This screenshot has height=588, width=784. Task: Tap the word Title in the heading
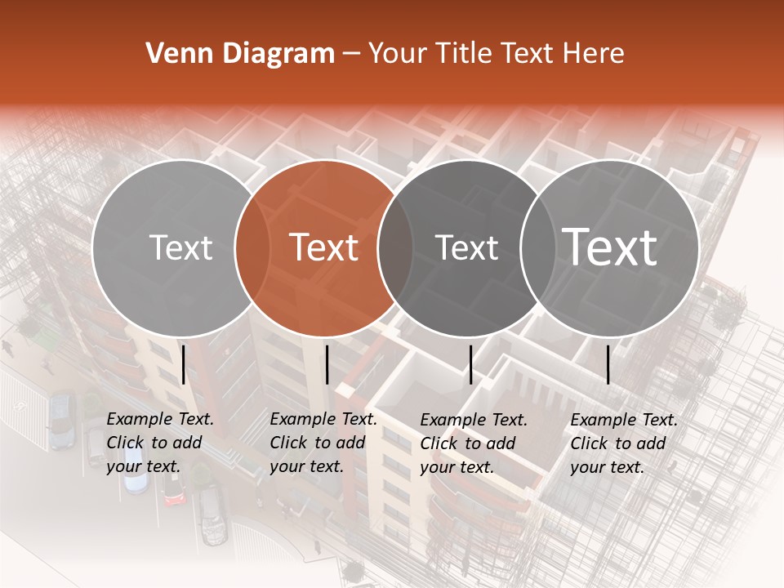coord(464,54)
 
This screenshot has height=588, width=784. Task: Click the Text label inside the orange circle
coord(324,247)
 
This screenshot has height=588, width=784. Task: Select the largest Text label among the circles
coord(610,247)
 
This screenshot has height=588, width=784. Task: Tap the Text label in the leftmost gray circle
coord(180,247)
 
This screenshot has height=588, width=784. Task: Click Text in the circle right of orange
coord(466,247)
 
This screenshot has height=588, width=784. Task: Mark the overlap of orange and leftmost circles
coord(252,247)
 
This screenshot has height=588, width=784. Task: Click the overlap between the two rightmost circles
coord(538,247)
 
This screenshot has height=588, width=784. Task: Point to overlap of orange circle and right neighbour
coord(395,247)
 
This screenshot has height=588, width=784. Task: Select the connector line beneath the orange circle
coord(327,364)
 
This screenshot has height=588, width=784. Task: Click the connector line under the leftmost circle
coord(183,364)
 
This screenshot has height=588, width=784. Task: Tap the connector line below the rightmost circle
coord(608,364)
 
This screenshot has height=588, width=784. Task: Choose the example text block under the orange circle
coord(323,443)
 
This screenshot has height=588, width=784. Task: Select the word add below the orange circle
coord(350,443)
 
